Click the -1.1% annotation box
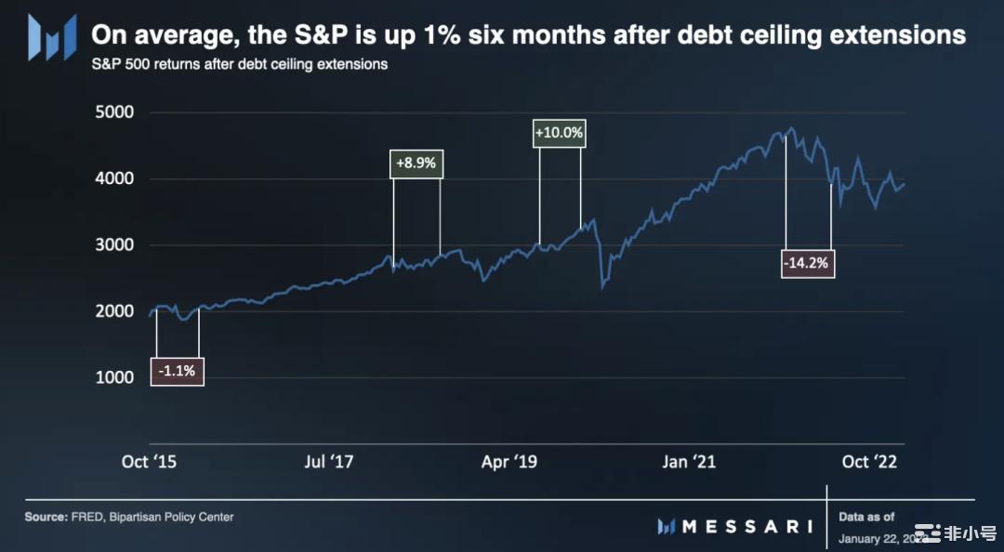point(177,372)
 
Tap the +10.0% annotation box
point(560,133)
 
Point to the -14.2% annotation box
point(807,263)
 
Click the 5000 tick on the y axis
point(115,112)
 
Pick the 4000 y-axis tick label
point(115,178)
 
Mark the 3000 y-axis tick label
point(115,245)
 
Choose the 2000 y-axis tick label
point(115,311)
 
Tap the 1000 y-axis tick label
point(115,378)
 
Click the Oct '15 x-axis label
point(150,462)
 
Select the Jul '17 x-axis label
point(329,462)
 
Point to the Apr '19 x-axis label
point(509,462)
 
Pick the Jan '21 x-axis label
point(690,462)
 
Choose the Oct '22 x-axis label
point(869,462)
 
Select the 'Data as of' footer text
point(866,517)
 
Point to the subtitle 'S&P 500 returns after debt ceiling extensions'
point(240,65)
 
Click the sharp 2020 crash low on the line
point(603,287)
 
